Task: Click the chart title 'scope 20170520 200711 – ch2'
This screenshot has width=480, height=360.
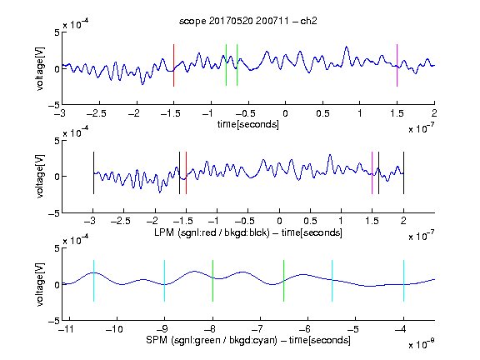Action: click(x=248, y=21)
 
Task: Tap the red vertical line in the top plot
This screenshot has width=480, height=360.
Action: click(x=173, y=66)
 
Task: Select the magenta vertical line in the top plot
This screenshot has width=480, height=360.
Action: click(x=397, y=66)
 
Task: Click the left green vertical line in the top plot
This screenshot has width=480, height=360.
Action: click(x=226, y=65)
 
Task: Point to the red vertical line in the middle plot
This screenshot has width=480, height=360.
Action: click(x=186, y=173)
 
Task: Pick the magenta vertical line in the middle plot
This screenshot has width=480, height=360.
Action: click(x=372, y=173)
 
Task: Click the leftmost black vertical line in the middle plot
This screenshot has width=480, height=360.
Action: click(x=93, y=173)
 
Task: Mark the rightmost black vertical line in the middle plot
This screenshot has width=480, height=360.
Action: click(x=403, y=173)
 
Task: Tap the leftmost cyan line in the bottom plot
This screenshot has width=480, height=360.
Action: click(x=93, y=281)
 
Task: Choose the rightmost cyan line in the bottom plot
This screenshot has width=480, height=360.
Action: click(x=403, y=281)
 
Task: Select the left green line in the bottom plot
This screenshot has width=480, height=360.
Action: click(x=212, y=281)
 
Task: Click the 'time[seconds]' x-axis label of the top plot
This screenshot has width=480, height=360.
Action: click(x=248, y=124)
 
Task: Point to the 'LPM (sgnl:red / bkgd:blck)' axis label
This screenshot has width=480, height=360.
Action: click(x=212, y=232)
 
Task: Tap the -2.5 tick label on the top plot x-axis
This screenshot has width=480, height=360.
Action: click(x=96, y=113)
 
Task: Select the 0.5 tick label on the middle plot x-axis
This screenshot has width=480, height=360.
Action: click(x=310, y=221)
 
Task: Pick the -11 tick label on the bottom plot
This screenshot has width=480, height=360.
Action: click(x=67, y=329)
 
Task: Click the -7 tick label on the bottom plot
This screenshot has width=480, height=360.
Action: click(x=258, y=329)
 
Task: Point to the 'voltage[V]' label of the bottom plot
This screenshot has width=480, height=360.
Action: click(x=40, y=284)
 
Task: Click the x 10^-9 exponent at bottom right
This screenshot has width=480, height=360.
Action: click(x=421, y=344)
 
